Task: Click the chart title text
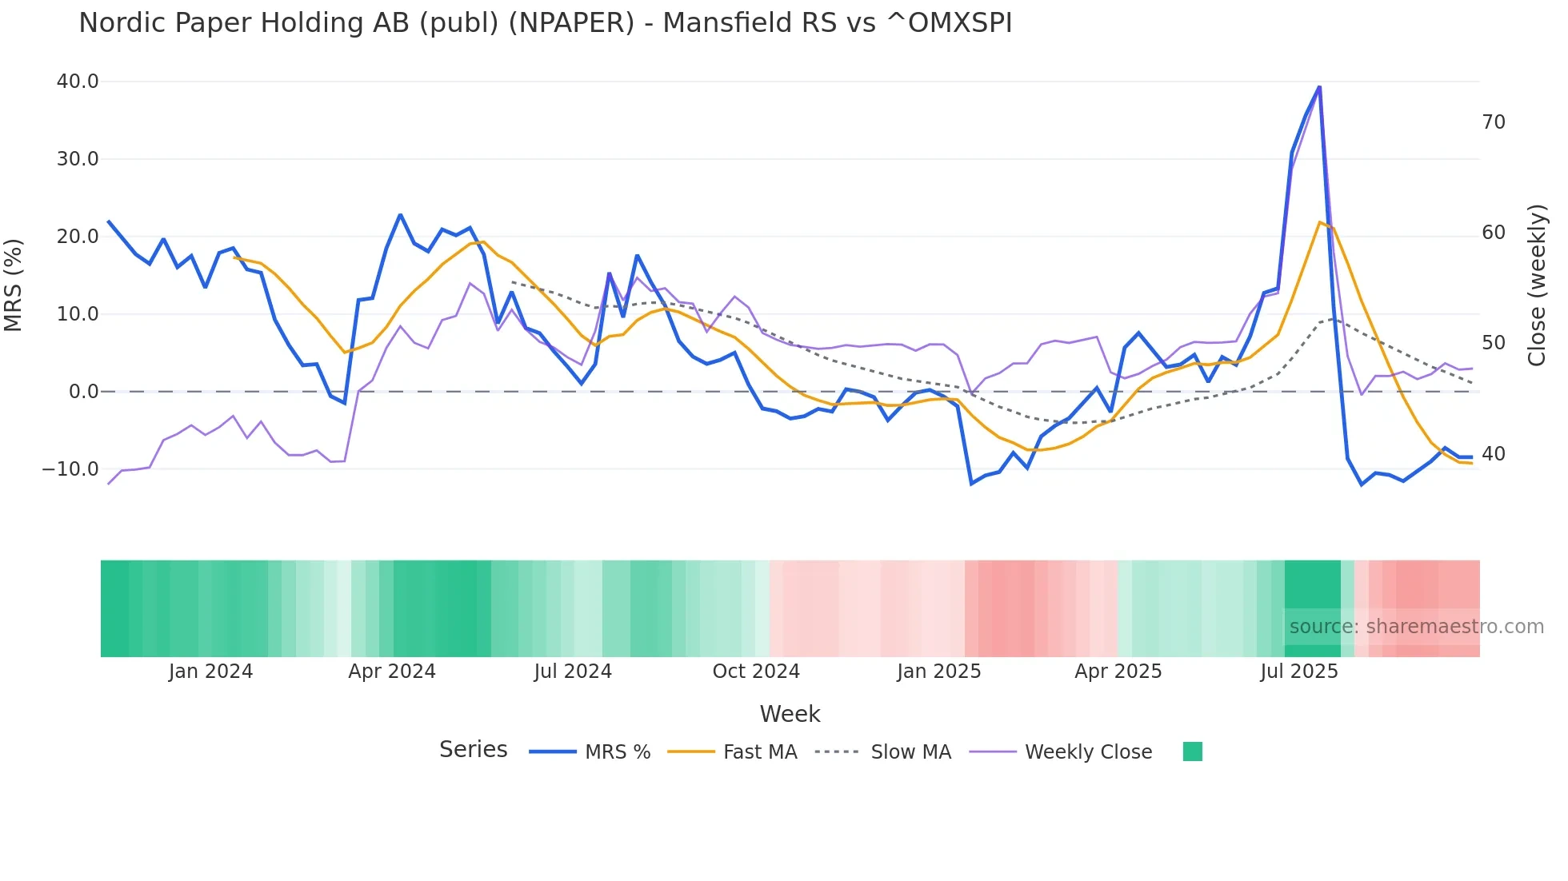coord(545,23)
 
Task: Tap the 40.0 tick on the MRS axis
coord(78,82)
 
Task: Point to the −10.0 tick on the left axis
coord(70,469)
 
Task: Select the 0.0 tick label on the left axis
coord(83,392)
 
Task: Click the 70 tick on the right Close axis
coord(1493,122)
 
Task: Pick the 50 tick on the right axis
coord(1493,343)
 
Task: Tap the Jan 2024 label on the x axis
coord(210,672)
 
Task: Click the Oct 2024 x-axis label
coord(756,672)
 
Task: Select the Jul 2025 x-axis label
coord(1299,672)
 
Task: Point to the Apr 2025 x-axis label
coord(1118,672)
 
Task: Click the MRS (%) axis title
coord(14,285)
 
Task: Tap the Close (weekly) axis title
coord(1537,285)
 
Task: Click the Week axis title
coord(790,714)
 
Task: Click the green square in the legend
coord(1192,751)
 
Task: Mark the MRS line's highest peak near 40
coord(1319,86)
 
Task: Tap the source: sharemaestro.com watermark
coord(1416,627)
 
